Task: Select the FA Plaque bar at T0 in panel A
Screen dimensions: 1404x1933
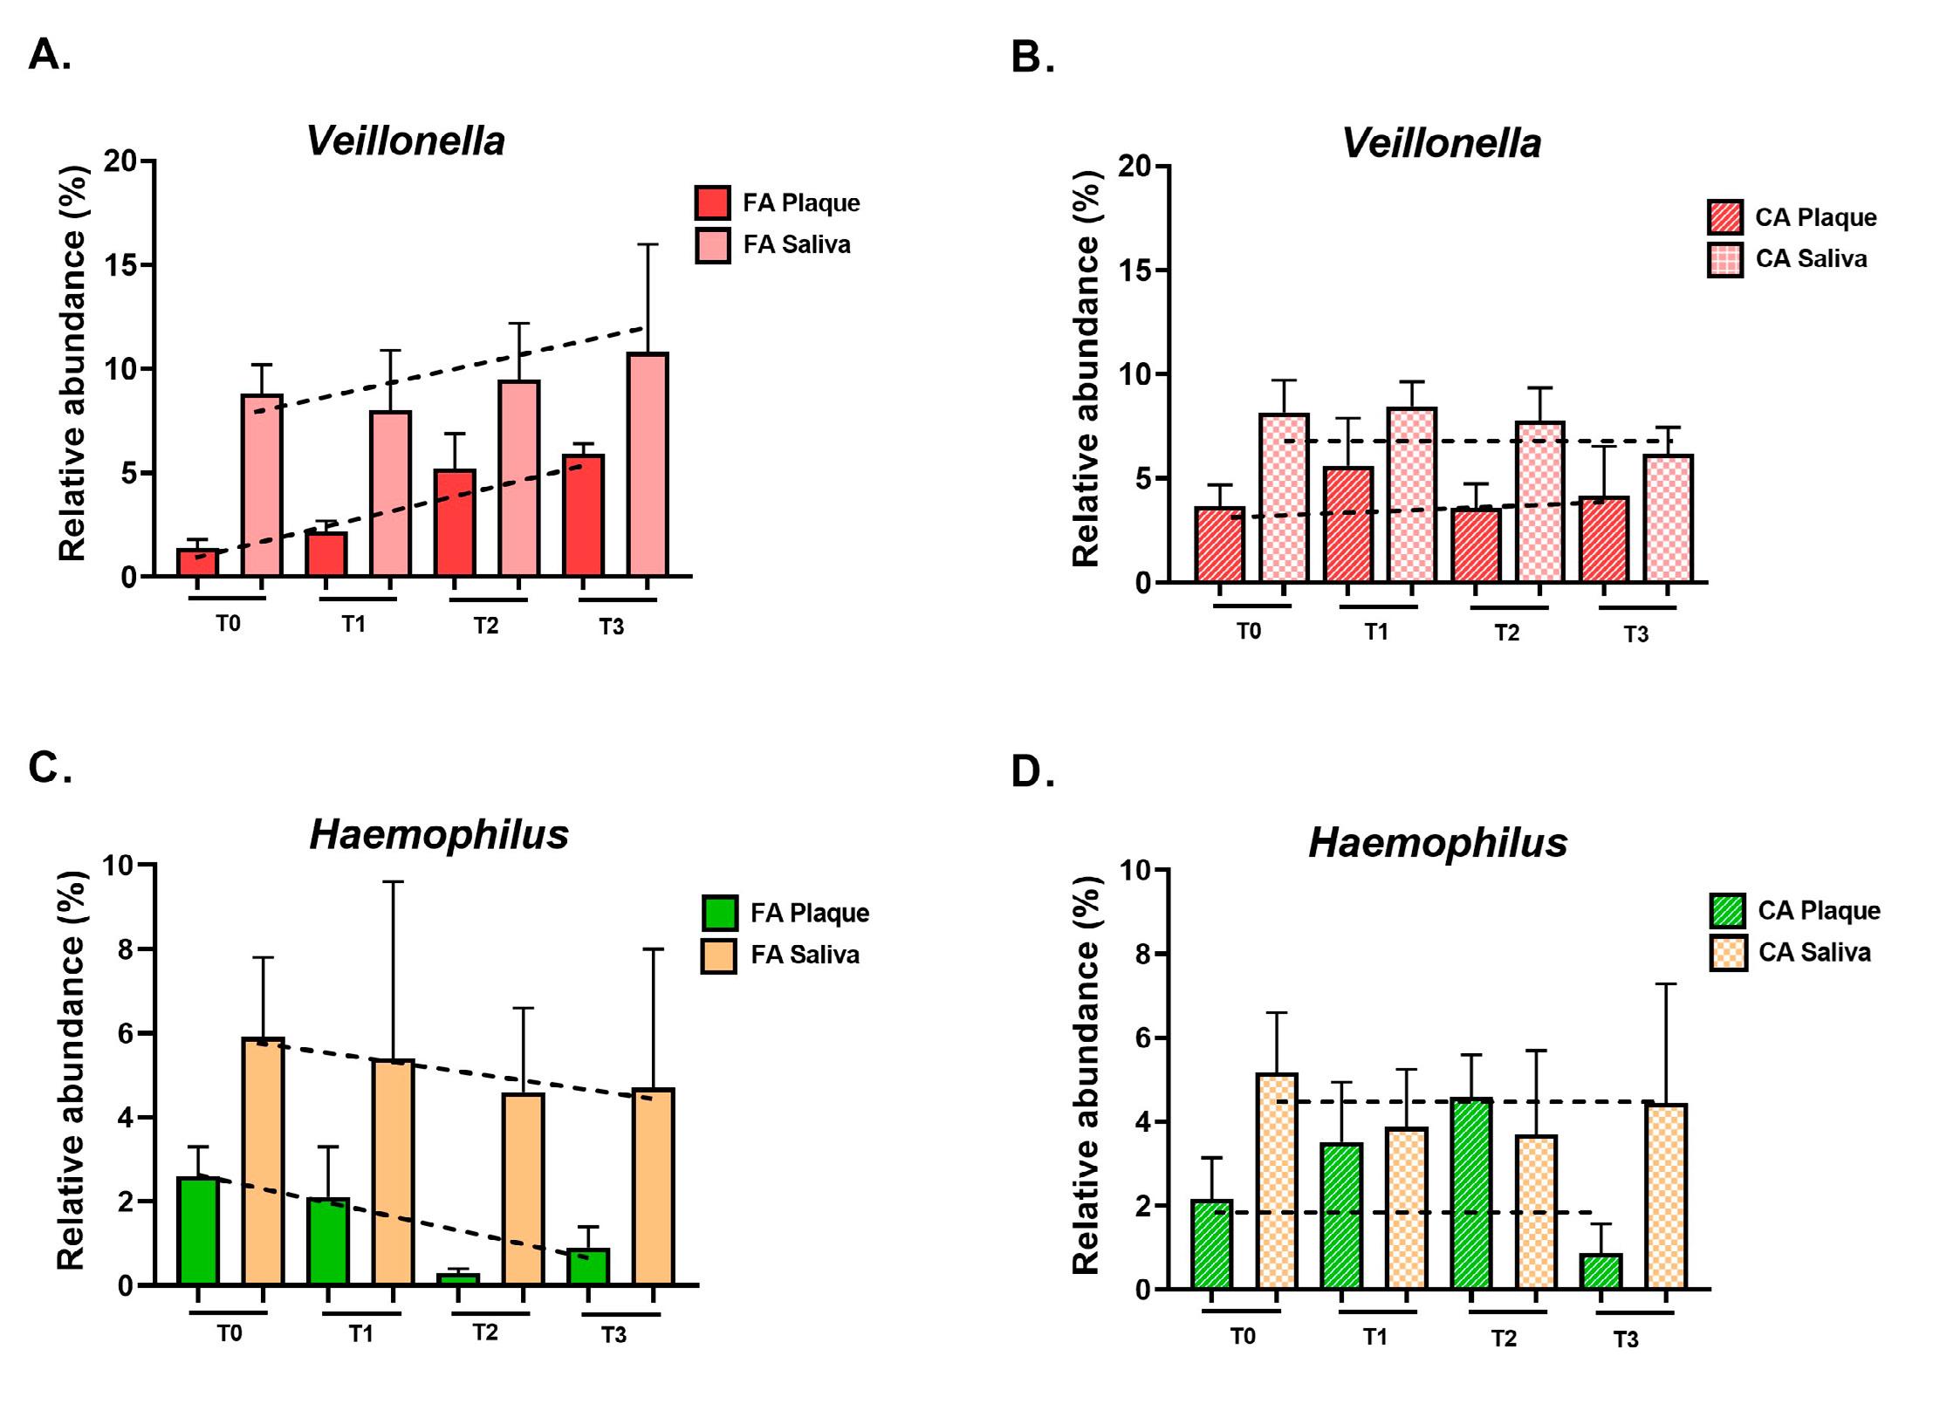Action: [197, 563]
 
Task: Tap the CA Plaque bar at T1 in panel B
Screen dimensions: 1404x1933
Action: [1348, 524]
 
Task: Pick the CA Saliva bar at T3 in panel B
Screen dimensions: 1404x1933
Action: [1668, 518]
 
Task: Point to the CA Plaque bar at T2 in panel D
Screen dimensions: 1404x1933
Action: [1471, 1193]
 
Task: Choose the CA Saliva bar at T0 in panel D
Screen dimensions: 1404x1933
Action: [1277, 1181]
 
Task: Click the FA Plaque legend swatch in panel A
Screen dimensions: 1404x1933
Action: [713, 202]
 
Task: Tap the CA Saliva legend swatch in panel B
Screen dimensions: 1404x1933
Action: [1724, 259]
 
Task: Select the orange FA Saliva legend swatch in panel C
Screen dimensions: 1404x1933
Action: [719, 955]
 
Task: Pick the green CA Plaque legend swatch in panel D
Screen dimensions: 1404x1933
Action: [1727, 911]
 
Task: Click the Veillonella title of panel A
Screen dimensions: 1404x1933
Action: [406, 141]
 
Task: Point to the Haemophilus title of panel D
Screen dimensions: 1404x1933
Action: [1437, 843]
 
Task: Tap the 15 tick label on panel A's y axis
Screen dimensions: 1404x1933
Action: [121, 265]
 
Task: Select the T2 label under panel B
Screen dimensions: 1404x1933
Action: [1507, 633]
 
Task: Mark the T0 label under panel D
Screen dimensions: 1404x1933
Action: [1243, 1337]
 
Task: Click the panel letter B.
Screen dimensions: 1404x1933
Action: [1032, 58]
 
